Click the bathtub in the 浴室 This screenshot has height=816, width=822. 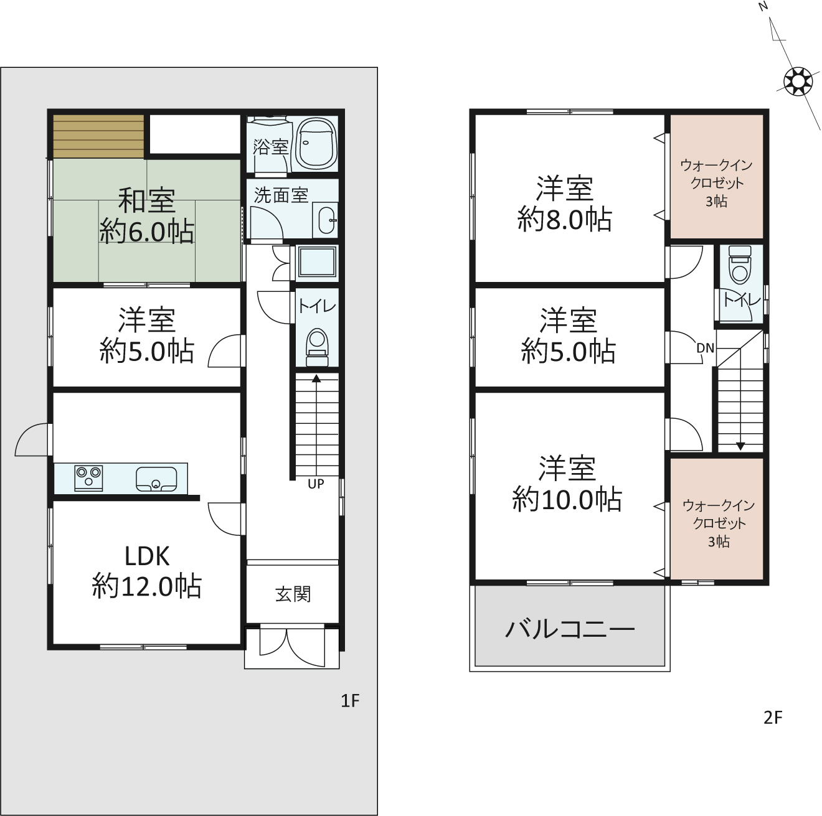316,143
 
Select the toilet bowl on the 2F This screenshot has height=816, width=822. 740,265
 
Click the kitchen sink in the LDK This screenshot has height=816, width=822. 156,479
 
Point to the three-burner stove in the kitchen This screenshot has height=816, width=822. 88,478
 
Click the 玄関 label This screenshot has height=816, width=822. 293,594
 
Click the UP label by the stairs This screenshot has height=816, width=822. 316,484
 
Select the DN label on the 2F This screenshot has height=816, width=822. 705,349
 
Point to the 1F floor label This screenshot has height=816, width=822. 350,701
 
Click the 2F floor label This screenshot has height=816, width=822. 773,718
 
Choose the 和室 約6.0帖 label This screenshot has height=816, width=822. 147,216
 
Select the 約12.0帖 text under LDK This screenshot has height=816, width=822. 147,586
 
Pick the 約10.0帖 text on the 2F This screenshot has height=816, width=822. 567,499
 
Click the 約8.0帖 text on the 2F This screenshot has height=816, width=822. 565,220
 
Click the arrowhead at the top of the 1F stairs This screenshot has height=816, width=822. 316,378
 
